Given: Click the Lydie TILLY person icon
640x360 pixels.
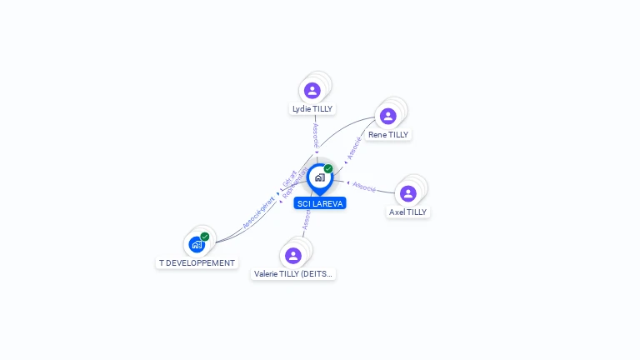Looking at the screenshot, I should (x=312, y=90).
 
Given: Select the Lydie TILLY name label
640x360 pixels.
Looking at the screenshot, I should (x=312, y=109).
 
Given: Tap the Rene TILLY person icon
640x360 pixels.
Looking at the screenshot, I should (x=387, y=116).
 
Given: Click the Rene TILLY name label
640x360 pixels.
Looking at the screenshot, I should (x=388, y=134).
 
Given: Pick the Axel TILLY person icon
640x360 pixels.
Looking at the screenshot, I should (x=407, y=193).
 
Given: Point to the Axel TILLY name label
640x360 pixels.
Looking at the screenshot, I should (x=407, y=212).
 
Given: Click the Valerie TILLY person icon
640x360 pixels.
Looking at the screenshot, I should (x=292, y=255).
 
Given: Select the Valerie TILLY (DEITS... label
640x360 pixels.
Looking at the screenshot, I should (x=293, y=273).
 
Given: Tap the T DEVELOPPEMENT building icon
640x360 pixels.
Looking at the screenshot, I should (x=196, y=245).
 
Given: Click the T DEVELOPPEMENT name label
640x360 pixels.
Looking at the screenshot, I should (x=197, y=263).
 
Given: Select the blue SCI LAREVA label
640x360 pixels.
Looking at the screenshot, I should (x=320, y=203).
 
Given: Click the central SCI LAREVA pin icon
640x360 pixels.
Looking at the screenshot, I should (x=319, y=177).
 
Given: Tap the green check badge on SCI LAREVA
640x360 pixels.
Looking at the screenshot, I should (x=328, y=168).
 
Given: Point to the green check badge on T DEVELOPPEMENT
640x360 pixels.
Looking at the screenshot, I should (x=205, y=237).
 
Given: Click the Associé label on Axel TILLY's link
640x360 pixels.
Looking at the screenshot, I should (x=364, y=186).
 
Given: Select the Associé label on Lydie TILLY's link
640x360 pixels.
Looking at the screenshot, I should (x=316, y=136).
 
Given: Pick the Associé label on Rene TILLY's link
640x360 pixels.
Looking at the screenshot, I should (x=354, y=147).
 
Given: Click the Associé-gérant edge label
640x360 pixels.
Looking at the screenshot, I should (x=258, y=212).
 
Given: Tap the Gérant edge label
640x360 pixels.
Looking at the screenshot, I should (x=289, y=178).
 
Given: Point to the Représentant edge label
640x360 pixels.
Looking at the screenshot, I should (x=295, y=185).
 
